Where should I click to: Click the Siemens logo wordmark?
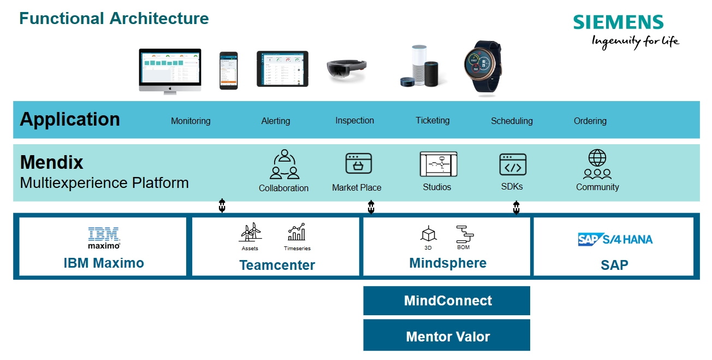click(618, 22)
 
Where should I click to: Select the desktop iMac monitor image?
click(170, 70)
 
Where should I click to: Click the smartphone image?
click(228, 70)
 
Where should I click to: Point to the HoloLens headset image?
click(346, 72)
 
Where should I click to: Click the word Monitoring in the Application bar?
click(191, 121)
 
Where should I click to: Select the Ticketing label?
click(432, 120)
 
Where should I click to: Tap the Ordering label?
click(590, 121)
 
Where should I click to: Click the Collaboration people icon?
click(284, 164)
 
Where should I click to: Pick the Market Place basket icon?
click(358, 164)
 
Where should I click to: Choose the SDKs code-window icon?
click(513, 164)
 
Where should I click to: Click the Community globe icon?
click(597, 164)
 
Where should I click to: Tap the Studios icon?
click(438, 164)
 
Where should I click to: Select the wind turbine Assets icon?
click(250, 232)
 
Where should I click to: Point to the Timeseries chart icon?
click(296, 232)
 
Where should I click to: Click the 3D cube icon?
click(428, 233)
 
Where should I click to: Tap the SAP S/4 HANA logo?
click(615, 239)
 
